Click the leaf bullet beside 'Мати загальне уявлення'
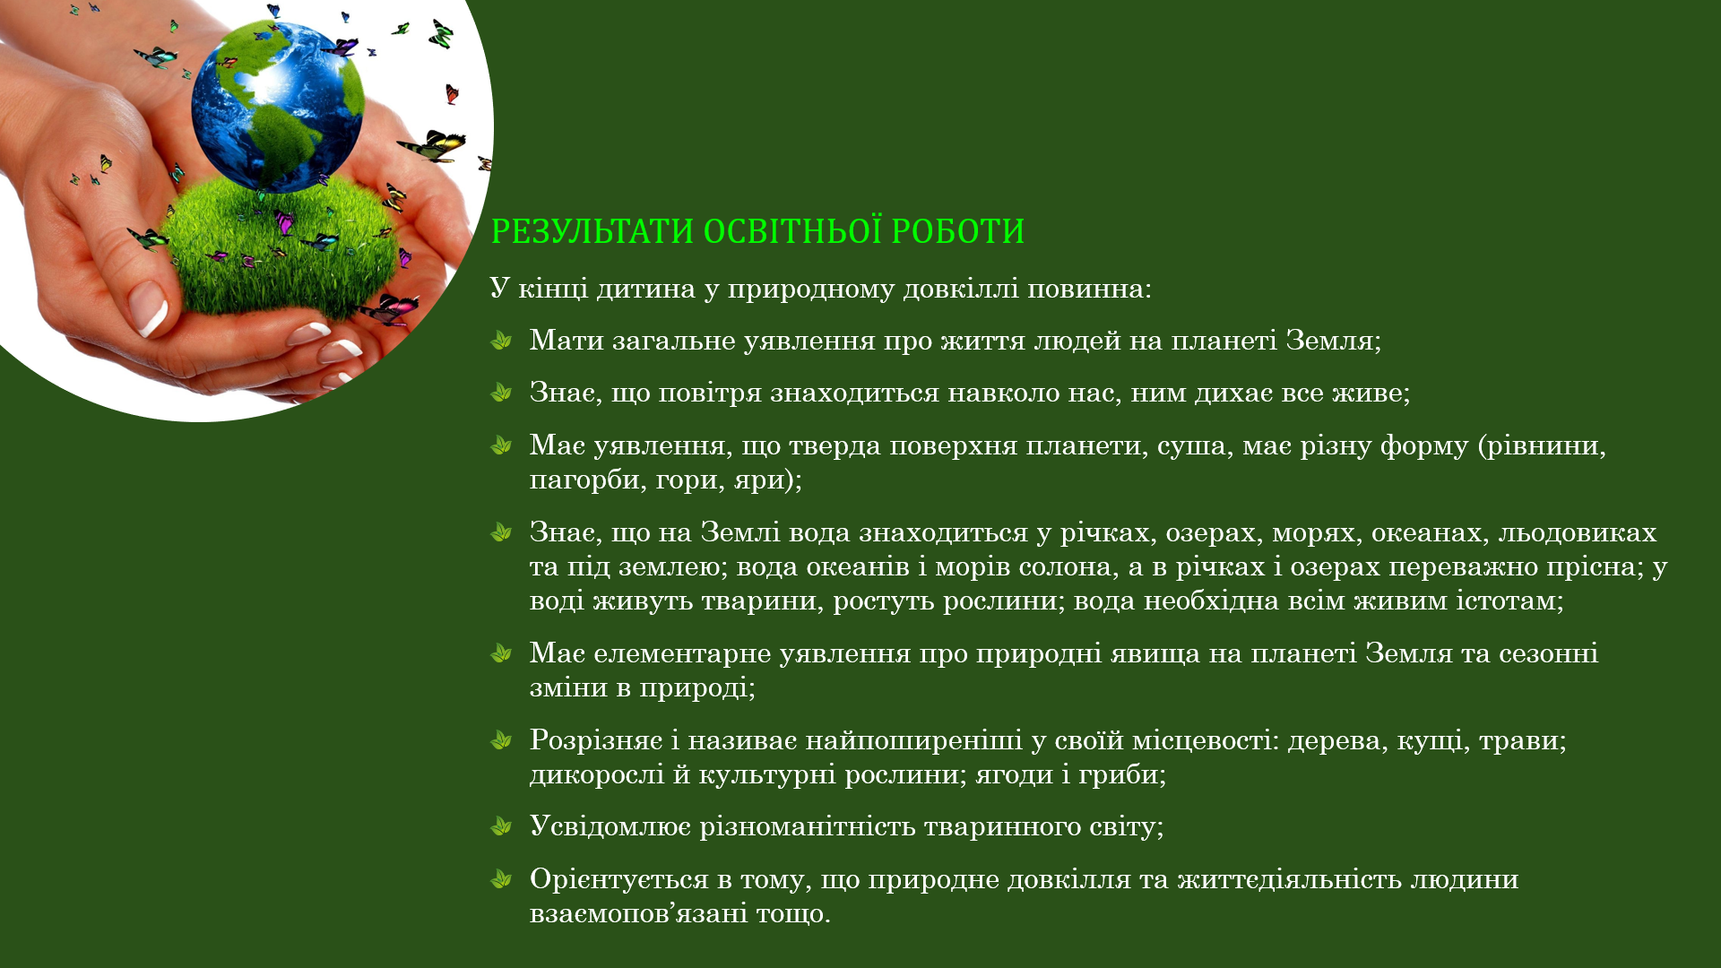[501, 341]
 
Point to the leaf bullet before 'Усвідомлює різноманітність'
[501, 826]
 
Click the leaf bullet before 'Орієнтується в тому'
[501, 879]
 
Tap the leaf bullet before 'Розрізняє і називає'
[501, 740]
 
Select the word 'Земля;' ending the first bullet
[1333, 341]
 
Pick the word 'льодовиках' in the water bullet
[1578, 532]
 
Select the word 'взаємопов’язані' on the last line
[638, 913]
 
